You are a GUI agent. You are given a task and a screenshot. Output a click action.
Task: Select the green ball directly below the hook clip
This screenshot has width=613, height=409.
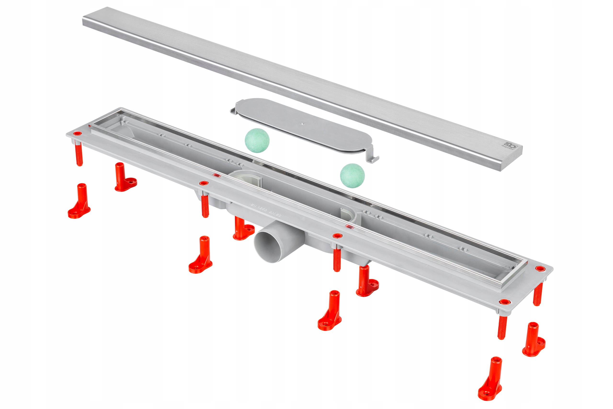click(x=352, y=176)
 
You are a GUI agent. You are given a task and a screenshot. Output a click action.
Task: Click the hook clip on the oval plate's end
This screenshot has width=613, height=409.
click(x=373, y=158)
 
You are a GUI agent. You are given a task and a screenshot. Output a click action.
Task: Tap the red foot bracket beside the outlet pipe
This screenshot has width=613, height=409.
click(x=243, y=229)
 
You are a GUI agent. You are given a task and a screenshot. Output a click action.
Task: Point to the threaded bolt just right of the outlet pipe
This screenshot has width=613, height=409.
click(x=337, y=260)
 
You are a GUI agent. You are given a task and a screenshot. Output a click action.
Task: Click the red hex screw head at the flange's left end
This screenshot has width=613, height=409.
click(x=77, y=134)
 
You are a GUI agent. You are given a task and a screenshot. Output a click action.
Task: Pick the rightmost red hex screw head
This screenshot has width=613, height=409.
click(x=539, y=269)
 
